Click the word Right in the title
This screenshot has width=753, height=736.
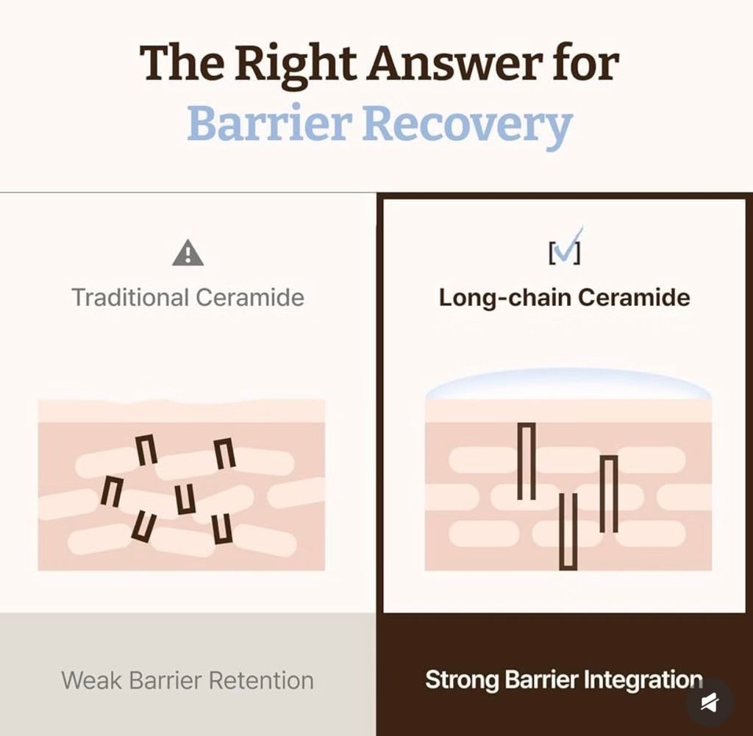click(x=296, y=64)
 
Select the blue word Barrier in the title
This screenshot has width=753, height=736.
click(x=266, y=123)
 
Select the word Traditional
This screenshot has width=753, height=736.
click(x=129, y=297)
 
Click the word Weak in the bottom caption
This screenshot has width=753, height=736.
click(x=91, y=680)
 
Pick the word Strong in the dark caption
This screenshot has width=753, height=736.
click(x=461, y=680)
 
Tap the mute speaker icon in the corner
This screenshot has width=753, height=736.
click(x=710, y=703)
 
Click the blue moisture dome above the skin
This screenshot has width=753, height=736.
click(x=568, y=384)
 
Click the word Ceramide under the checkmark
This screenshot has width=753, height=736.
click(x=634, y=298)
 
